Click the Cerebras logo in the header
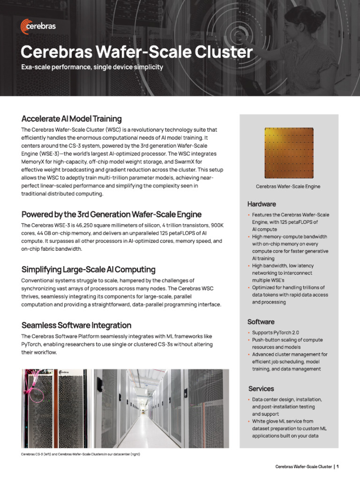click(x=38, y=26)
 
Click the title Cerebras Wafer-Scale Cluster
click(x=137, y=52)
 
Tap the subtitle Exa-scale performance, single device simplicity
click(x=92, y=67)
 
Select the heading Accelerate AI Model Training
click(x=71, y=119)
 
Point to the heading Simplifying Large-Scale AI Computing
click(x=88, y=270)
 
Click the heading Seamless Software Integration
click(x=76, y=325)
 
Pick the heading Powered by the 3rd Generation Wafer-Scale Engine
click(x=112, y=215)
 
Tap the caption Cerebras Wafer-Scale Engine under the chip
click(x=288, y=187)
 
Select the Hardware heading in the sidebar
click(x=262, y=204)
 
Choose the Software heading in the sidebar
click(x=261, y=322)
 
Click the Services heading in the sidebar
click(x=261, y=389)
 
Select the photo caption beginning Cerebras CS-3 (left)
click(x=81, y=454)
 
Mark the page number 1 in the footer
click(x=337, y=467)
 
